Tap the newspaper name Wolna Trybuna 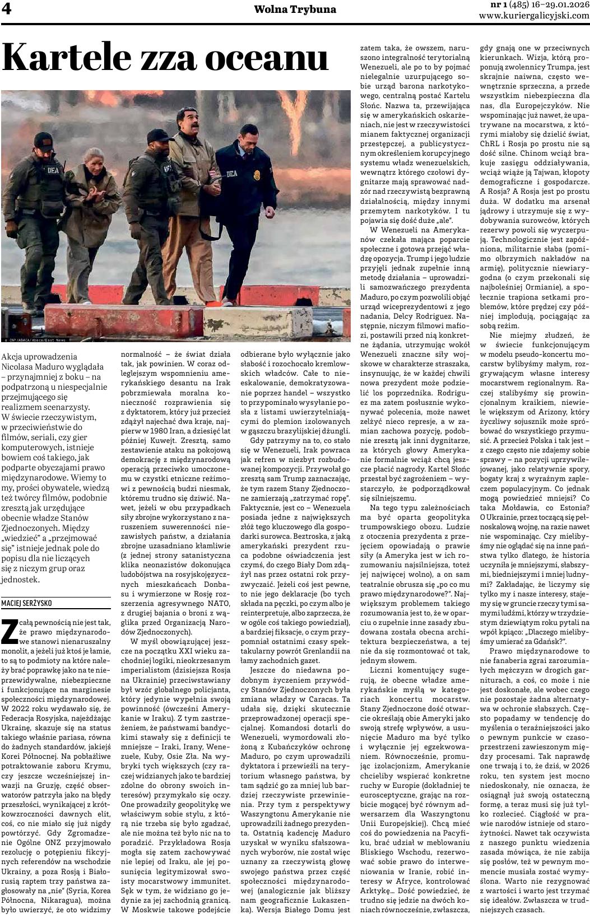pos(295,10)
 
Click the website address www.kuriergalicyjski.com pos(534,16)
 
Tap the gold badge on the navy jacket pos(257,175)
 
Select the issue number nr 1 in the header pos(484,5)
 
